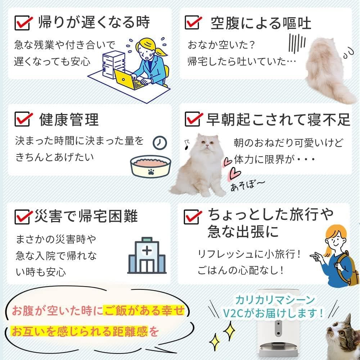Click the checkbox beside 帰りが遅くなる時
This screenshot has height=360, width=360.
[x=22, y=23]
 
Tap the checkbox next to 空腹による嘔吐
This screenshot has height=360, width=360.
[x=193, y=22]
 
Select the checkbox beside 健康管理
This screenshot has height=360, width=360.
[x=22, y=119]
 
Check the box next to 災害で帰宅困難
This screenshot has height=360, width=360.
[x=22, y=217]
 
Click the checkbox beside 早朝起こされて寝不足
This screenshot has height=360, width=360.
[x=193, y=119]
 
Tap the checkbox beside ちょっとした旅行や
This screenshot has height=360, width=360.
[x=193, y=217]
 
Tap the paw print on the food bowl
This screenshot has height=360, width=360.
[x=149, y=171]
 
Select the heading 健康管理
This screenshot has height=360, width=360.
[x=68, y=119]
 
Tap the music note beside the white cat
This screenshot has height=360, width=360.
[x=187, y=143]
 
